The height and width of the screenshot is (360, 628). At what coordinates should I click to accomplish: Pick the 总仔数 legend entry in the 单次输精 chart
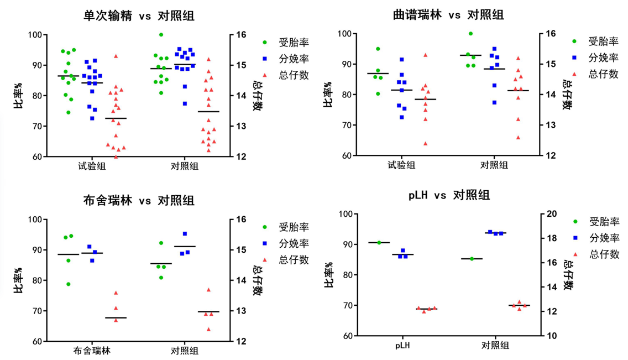[294, 75]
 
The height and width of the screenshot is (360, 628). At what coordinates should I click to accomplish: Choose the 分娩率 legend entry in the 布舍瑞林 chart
[294, 243]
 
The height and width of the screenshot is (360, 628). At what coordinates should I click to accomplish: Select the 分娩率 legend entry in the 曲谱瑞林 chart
[603, 58]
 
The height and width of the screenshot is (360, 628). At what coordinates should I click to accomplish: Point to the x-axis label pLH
[402, 346]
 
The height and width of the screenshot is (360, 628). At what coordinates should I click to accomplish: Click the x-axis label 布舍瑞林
[92, 351]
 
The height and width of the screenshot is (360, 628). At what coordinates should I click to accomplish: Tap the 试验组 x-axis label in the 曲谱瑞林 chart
[401, 165]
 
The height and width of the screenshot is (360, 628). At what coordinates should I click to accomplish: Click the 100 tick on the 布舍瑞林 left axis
[35, 220]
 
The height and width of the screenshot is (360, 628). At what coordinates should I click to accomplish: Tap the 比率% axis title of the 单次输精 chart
[19, 96]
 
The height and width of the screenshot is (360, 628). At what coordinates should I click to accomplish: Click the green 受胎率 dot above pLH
[379, 242]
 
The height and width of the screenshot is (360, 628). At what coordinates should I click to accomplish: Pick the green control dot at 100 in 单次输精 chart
[161, 35]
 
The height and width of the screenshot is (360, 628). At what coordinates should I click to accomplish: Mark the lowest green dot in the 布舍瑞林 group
[69, 284]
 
